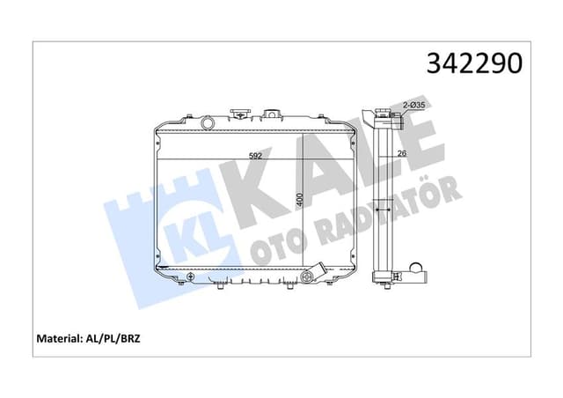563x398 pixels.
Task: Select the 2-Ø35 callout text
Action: [x=414, y=105]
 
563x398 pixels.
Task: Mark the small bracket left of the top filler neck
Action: [x=238, y=114]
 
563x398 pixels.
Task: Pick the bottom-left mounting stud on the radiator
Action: [x=179, y=284]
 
